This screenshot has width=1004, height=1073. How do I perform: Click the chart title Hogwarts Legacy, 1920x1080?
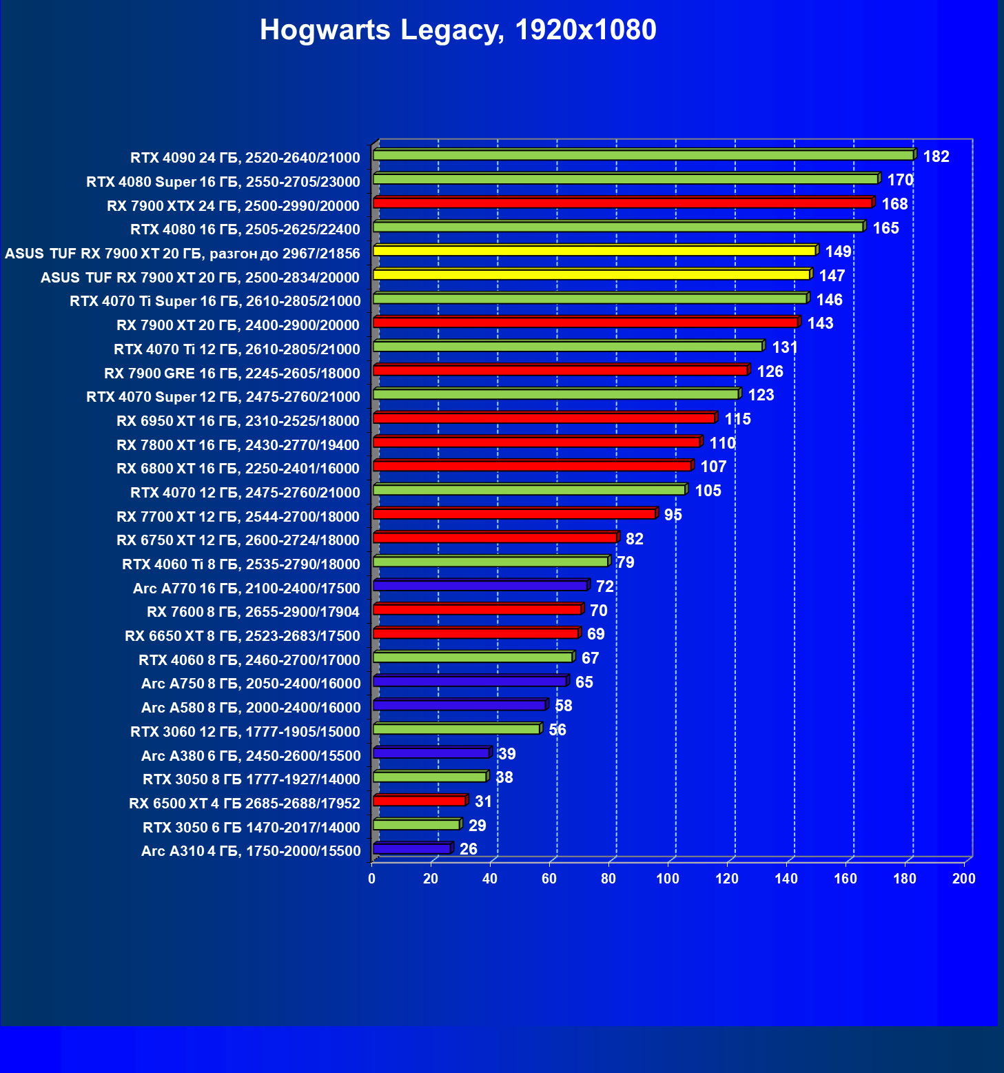[458, 30]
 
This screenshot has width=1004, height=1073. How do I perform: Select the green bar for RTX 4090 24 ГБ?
[643, 155]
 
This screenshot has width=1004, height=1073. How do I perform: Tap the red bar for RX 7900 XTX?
[622, 203]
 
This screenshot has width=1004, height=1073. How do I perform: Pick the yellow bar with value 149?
[594, 251]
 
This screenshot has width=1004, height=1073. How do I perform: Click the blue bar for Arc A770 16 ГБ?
[480, 586]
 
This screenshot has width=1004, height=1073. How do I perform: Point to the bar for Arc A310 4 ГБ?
[411, 848]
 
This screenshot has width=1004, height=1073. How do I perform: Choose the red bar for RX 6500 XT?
[419, 801]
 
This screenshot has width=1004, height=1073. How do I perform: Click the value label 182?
[936, 156]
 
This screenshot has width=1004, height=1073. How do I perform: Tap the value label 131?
[785, 347]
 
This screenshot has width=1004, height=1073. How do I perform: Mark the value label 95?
[673, 515]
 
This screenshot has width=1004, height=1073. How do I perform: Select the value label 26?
[468, 849]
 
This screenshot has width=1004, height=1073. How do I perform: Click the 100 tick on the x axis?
[667, 879]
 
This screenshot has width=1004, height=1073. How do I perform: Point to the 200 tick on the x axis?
[963, 879]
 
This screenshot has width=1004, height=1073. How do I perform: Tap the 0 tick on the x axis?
[372, 879]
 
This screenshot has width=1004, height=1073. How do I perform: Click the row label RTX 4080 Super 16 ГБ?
[223, 182]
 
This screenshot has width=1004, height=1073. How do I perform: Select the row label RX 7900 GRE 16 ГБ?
[232, 374]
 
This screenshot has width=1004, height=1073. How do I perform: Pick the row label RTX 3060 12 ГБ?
[245, 732]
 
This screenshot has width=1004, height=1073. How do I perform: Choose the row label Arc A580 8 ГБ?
[250, 708]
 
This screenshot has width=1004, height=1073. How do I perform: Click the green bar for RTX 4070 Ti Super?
[590, 298]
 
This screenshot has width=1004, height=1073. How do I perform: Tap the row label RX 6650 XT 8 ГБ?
[242, 636]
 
